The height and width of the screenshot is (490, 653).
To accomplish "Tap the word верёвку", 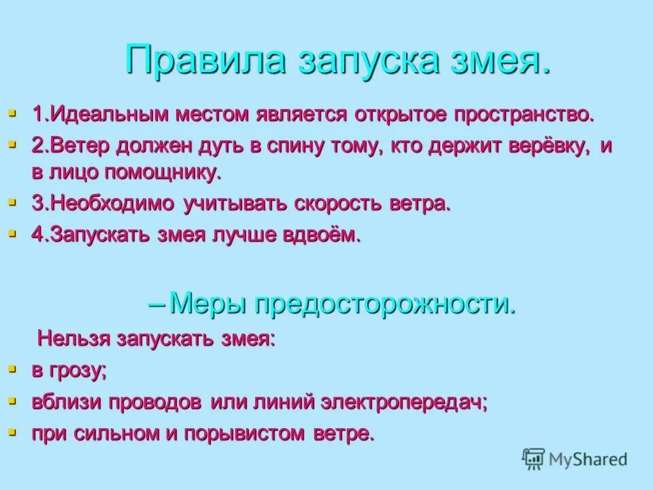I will tap(544, 147).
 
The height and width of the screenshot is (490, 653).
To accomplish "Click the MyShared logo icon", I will tap(534, 459).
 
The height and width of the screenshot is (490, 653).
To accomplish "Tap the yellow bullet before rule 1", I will tap(12, 111).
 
